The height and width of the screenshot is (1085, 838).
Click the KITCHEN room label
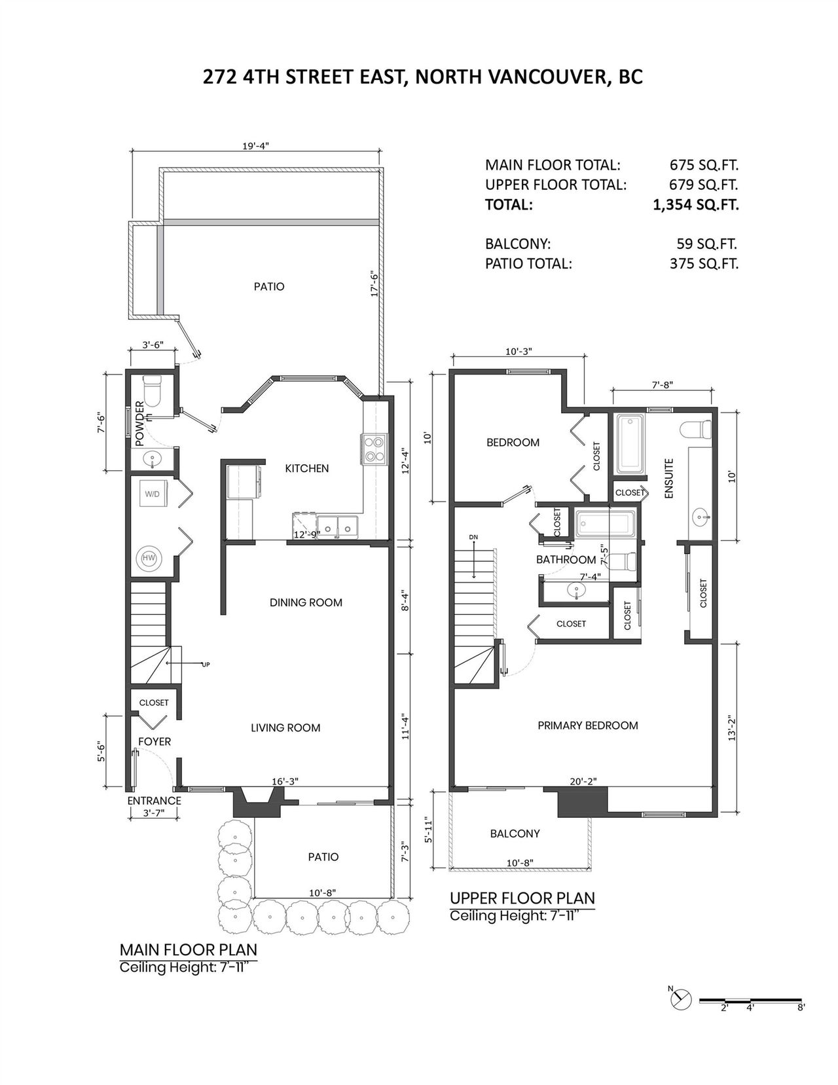pos(306,468)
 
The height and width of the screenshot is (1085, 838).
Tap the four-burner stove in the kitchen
pos(373,449)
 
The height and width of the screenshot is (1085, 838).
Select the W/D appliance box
pos(153,493)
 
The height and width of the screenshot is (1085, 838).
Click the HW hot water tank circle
pos(148,559)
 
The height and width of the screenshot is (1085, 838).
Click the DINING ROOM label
pos(306,602)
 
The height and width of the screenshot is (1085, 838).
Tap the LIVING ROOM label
pos(285,728)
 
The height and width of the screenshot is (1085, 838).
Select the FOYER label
pos(155,742)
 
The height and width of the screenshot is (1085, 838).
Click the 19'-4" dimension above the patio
pos(255,146)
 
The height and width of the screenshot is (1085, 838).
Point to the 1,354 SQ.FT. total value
pos(696,205)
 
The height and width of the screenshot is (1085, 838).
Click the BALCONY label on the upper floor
pos(515,834)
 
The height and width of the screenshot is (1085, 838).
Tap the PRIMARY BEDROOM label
pos(588,726)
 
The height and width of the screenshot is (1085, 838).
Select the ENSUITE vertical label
pos(669,479)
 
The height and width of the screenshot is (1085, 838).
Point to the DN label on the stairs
pos(473,537)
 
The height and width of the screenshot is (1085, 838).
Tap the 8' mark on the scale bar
pos(801,1008)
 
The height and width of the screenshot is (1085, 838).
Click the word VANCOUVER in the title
pos(545,77)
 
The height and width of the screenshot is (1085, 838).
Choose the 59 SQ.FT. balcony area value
pos(706,244)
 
